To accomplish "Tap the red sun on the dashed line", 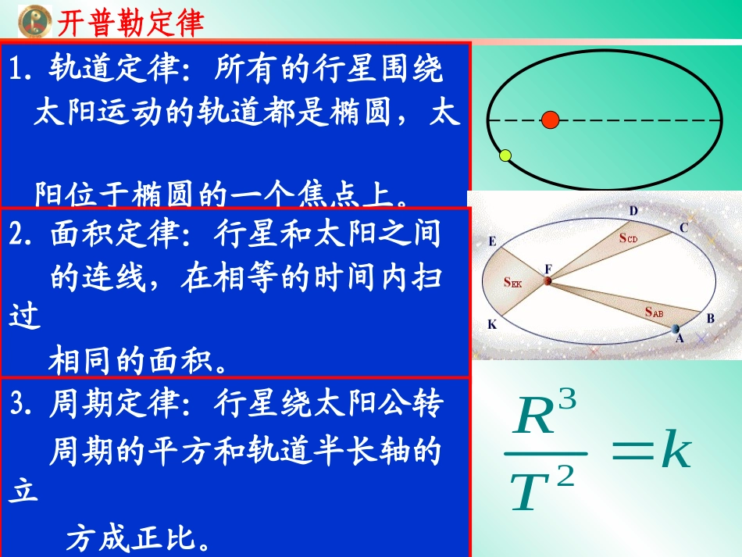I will tap(551, 120).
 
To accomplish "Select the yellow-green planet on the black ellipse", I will tap(505, 155).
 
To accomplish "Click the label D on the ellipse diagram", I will tap(633, 211).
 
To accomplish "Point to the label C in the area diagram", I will tap(683, 227).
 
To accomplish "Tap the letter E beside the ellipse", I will tap(492, 241).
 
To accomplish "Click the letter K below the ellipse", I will tap(492, 323).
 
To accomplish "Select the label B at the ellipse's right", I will tap(710, 319).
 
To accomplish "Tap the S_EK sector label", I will tap(512, 284).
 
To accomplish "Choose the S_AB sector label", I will tap(655, 312).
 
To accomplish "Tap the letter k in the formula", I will tap(676, 452).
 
